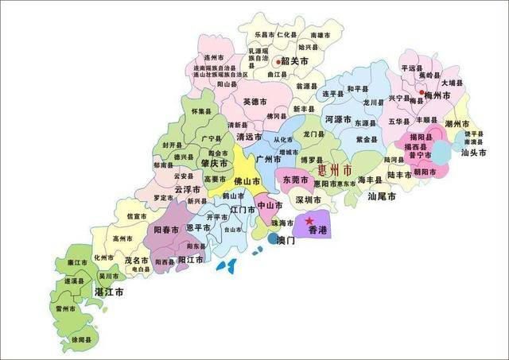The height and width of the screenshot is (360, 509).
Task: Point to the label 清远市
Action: coord(249,137)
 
